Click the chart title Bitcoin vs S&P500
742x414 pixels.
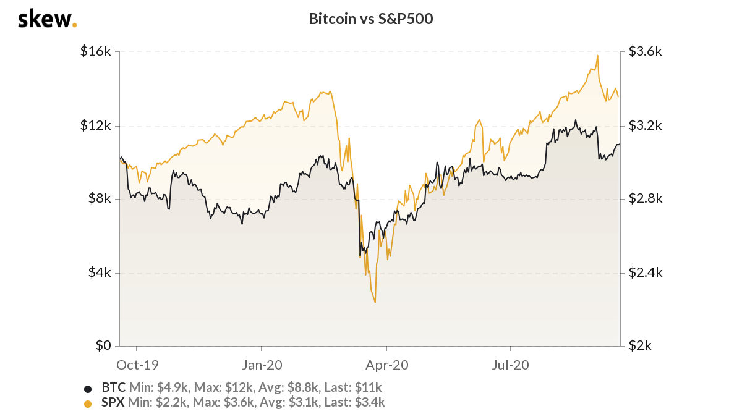[x=371, y=19]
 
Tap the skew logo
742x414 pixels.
[x=47, y=19]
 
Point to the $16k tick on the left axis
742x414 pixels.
[x=95, y=52]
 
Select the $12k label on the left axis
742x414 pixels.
[x=95, y=125]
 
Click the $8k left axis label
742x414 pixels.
[x=98, y=199]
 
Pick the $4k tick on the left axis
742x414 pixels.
[x=98, y=272]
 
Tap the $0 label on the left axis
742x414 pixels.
[x=103, y=345]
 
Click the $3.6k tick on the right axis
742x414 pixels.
[x=645, y=52]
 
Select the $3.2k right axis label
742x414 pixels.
[x=645, y=125]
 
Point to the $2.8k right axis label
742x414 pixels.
[x=645, y=199]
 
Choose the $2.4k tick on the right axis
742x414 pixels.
[x=645, y=272]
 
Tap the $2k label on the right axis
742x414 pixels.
[x=641, y=345]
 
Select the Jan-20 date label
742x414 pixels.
[x=262, y=365]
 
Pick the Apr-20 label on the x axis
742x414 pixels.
[x=386, y=365]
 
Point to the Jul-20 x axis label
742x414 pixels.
[x=511, y=365]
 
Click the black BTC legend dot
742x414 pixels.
[x=87, y=389]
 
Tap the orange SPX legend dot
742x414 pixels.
[x=87, y=403]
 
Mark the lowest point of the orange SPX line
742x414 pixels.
[x=375, y=302]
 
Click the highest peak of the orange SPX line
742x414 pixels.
[x=597, y=56]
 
